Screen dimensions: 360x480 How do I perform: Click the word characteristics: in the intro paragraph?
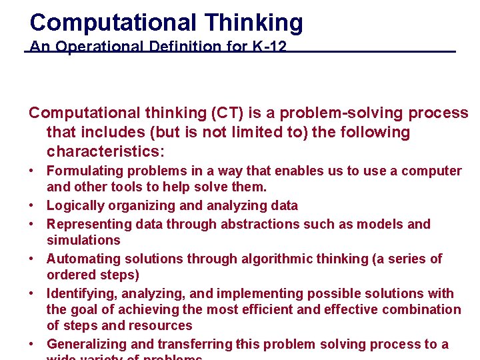[105, 151]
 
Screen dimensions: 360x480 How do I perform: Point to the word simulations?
[83, 240]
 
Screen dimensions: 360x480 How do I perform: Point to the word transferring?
[195, 344]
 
